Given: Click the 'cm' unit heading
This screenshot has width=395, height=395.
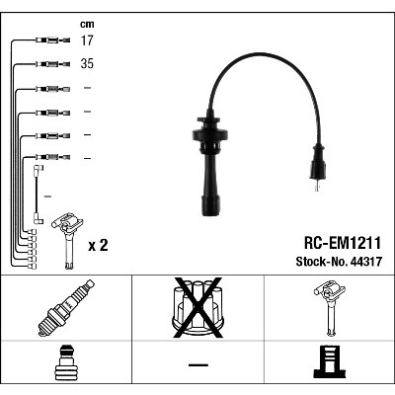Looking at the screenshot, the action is (87, 24).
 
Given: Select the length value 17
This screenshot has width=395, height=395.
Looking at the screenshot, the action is (87, 40).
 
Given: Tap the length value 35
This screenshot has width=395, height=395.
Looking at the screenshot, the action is (87, 63).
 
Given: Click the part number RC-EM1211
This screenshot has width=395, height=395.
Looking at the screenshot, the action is (343, 244).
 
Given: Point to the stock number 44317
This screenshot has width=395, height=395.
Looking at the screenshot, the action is (366, 262).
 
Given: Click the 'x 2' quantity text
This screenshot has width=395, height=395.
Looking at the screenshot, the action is (98, 246).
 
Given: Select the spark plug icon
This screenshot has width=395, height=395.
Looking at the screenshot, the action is (66, 308).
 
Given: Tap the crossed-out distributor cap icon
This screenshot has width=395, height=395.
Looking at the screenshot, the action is (197, 308).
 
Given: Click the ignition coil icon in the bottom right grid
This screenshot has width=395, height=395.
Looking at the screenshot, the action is (330, 308).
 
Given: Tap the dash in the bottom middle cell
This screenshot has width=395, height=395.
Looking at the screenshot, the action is (198, 364).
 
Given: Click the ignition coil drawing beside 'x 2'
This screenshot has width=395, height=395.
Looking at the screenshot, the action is (67, 241).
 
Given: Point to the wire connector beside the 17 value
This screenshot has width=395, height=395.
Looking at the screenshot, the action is (52, 40).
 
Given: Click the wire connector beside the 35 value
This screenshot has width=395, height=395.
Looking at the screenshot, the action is (52, 64).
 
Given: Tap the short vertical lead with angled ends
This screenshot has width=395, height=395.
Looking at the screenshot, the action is (38, 195).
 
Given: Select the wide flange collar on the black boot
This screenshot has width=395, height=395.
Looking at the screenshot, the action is (210, 134).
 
